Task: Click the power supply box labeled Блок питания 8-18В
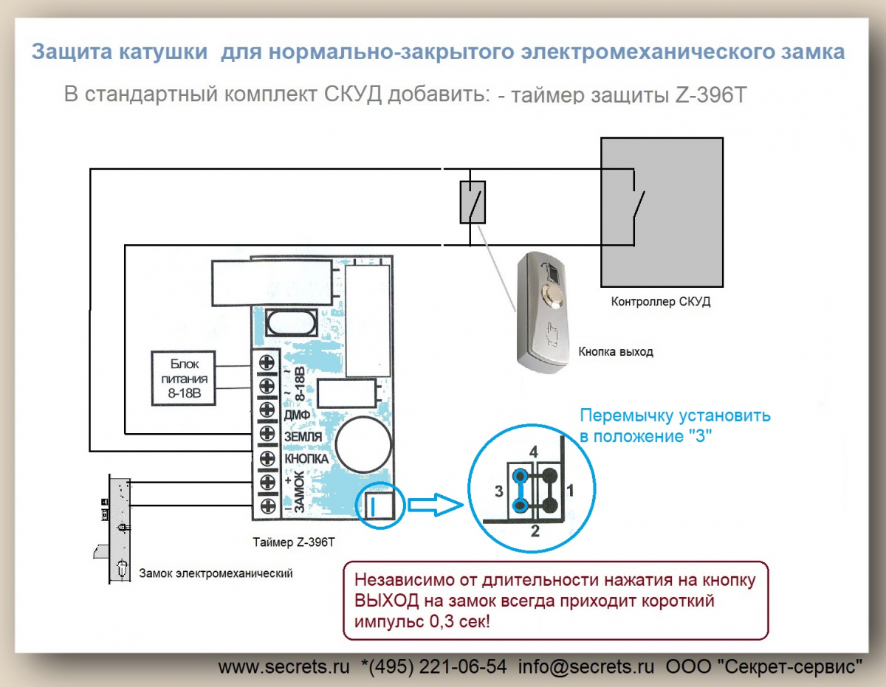[182, 379]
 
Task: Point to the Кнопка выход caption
[616, 352]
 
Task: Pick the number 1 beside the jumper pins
[569, 489]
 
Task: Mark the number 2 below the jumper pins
[535, 529]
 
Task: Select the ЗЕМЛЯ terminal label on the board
[303, 437]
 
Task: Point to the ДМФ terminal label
[295, 415]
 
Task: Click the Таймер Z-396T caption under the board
[293, 542]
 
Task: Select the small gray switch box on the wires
[473, 201]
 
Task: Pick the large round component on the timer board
[363, 443]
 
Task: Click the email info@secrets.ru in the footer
[586, 666]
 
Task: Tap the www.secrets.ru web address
[284, 666]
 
